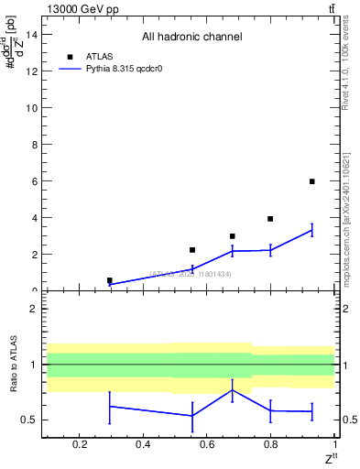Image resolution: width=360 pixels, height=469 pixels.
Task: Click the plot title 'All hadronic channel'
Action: pyautogui.click(x=191, y=37)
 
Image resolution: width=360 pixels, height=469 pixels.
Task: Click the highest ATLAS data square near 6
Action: pyautogui.click(x=312, y=181)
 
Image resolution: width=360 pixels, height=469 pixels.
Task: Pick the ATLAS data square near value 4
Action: pyautogui.click(x=270, y=219)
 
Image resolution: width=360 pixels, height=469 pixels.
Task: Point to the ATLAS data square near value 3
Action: pyautogui.click(x=233, y=236)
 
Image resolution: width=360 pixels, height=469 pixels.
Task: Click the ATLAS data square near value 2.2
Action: pyautogui.click(x=192, y=250)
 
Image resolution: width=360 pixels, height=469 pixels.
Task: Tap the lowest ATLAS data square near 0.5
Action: pyautogui.click(x=110, y=280)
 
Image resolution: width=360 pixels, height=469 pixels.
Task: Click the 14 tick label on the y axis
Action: pyautogui.click(x=31, y=35)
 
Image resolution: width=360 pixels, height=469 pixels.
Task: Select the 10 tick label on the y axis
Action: pyautogui.click(x=31, y=108)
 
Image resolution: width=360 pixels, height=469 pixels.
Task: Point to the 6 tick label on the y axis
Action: pyautogui.click(x=34, y=181)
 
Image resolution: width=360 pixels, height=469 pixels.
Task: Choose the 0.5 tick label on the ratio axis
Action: pyautogui.click(x=29, y=420)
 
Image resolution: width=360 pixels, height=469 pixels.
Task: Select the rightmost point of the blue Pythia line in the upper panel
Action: pyautogui.click(x=312, y=230)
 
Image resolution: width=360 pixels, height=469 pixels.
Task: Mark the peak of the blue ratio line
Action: pyautogui.click(x=233, y=389)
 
